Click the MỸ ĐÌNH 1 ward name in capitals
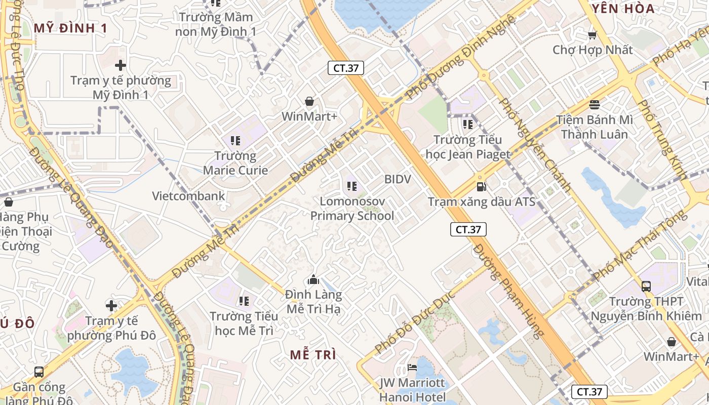pyautogui.click(x=70, y=28)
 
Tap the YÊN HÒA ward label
pyautogui.click(x=623, y=8)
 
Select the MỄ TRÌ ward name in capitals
pyautogui.click(x=313, y=355)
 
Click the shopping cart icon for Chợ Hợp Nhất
pyautogui.click(x=592, y=35)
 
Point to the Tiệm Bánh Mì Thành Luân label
pyautogui.click(x=595, y=127)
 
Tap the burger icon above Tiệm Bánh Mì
pyautogui.click(x=595, y=105)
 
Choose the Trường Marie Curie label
pyautogui.click(x=235, y=163)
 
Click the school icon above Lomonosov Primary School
pyautogui.click(x=352, y=186)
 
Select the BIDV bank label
pyautogui.click(x=398, y=179)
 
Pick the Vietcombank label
pyautogui.click(x=188, y=196)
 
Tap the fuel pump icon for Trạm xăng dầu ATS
pyautogui.click(x=481, y=187)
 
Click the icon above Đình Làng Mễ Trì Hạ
pyautogui.click(x=313, y=279)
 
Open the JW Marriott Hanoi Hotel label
pyautogui.click(x=413, y=390)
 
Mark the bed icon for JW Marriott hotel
pyautogui.click(x=413, y=367)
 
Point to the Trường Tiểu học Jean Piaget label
pyautogui.click(x=468, y=147)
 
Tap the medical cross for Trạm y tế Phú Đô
pyautogui.click(x=111, y=305)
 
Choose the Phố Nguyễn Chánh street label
pyautogui.click(x=535, y=144)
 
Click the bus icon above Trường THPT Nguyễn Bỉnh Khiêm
pyautogui.click(x=646, y=286)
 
